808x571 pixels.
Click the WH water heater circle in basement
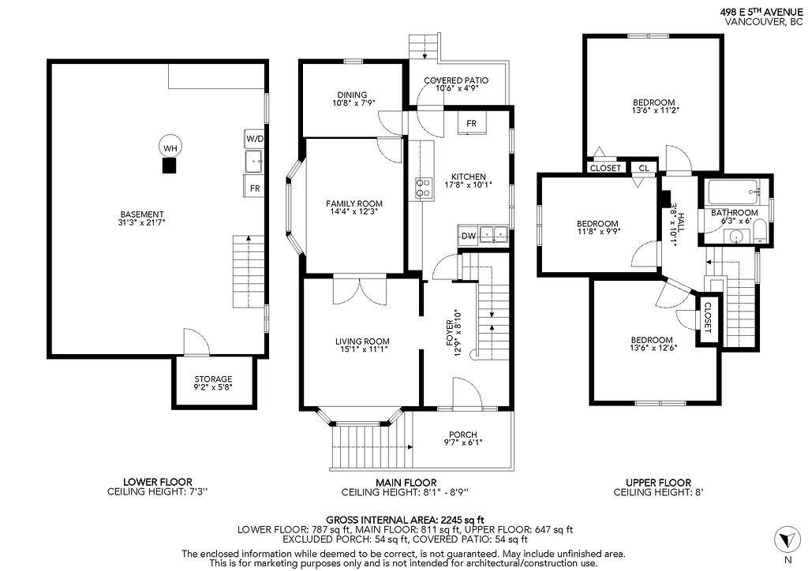[169, 147]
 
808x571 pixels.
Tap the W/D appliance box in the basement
[254, 139]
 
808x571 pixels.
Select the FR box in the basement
[254, 188]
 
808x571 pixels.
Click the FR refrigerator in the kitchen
[471, 124]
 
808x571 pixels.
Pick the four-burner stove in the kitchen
[424, 187]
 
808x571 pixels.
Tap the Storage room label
[213, 379]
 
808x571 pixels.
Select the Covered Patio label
[456, 80]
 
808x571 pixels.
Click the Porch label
[462, 434]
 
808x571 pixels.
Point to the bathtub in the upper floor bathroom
[733, 191]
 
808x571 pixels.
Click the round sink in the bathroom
[737, 233]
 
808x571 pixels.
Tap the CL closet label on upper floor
[644, 168]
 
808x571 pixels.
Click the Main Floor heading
[405, 482]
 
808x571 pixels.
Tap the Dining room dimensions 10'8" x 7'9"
[353, 103]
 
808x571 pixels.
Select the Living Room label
[361, 341]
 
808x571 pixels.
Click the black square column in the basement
[169, 166]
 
